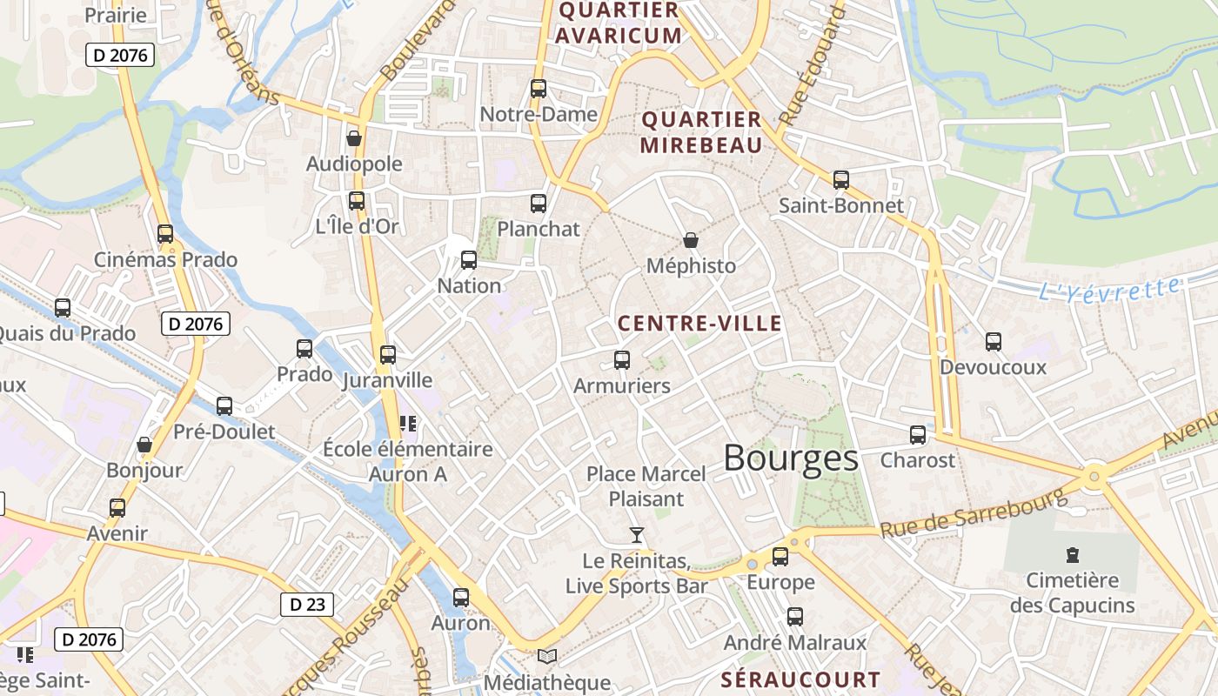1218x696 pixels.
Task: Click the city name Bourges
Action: [x=790, y=458]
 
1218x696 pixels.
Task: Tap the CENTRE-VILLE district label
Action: [x=699, y=324]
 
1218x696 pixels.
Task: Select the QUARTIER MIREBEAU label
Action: [x=700, y=132]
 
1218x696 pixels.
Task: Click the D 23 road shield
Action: [x=307, y=604]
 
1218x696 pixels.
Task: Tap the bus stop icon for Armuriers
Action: [x=622, y=359]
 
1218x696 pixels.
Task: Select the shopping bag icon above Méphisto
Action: [x=691, y=239]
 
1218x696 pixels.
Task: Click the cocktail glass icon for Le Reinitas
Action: [x=637, y=534]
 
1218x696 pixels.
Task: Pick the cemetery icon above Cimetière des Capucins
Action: [x=1072, y=554]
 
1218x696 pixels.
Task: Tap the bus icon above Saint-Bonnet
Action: [x=840, y=180]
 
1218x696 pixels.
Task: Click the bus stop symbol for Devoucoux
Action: [x=993, y=342]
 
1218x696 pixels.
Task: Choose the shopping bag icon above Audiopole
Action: [x=354, y=137]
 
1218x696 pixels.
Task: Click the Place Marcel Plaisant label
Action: [x=646, y=486]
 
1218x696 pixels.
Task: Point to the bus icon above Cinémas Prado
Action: [x=165, y=233]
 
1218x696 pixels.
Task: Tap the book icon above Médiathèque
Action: [x=546, y=656]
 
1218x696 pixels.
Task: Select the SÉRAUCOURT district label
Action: [x=800, y=679]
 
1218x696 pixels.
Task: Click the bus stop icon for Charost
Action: [x=918, y=434]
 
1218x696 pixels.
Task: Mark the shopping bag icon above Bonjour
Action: [x=144, y=445]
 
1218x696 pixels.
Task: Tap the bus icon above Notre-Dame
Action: [x=539, y=88]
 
